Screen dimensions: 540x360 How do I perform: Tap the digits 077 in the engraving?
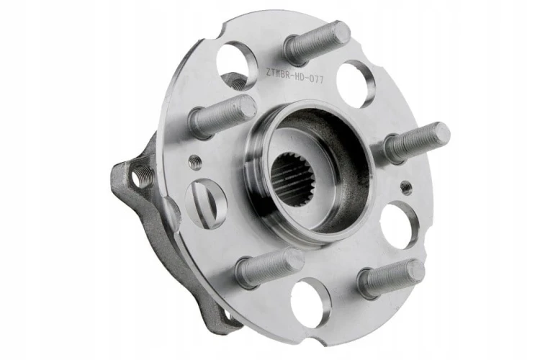point(315,80)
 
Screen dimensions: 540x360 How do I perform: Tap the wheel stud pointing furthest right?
point(417,141)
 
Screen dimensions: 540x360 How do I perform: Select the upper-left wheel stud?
point(223,116)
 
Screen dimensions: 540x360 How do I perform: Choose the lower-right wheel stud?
point(391,279)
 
